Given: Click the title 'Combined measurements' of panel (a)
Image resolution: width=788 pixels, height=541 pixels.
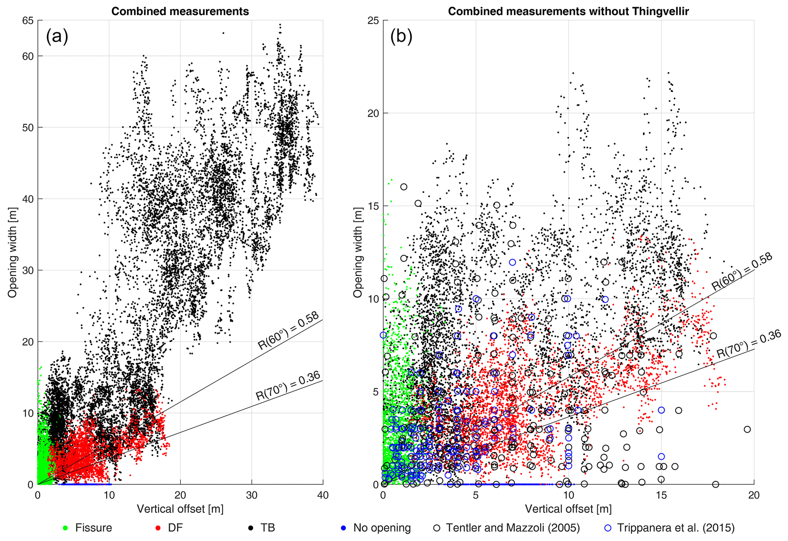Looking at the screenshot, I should click(180, 11).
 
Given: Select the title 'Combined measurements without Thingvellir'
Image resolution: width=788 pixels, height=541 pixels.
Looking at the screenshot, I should click(568, 11).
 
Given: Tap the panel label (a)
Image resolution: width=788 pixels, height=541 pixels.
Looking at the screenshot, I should click(57, 37).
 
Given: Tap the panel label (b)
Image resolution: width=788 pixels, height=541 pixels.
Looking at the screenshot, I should click(401, 37).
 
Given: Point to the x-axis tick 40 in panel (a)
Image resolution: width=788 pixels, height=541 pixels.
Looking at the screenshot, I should click(323, 495).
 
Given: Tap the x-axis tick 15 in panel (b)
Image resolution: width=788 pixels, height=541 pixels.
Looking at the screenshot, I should click(661, 495).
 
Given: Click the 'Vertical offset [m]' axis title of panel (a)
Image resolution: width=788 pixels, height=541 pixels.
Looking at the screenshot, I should click(180, 509).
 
